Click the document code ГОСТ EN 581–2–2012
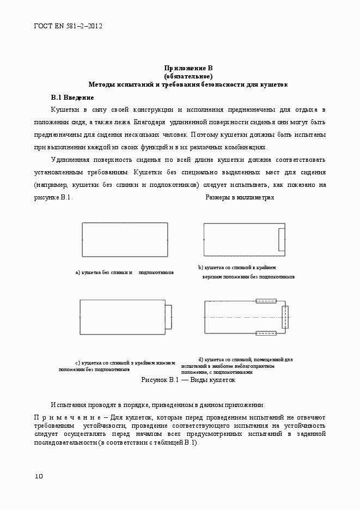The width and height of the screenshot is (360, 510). (68, 26)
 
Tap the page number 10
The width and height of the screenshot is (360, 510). (39, 476)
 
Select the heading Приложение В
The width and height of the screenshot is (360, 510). (188, 68)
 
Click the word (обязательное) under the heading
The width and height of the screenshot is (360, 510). (188, 76)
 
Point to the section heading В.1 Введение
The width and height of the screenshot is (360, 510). (72, 98)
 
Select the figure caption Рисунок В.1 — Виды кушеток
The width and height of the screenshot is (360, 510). (188, 380)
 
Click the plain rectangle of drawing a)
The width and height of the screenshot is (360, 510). (125, 240)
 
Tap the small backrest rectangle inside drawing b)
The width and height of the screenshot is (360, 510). (282, 240)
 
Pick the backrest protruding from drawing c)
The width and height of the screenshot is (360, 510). (169, 317)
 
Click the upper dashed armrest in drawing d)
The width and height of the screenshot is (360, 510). (266, 300)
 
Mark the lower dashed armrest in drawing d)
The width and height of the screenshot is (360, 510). (266, 333)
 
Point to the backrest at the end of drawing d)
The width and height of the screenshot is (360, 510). (285, 317)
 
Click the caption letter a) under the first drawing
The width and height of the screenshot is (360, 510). (78, 271)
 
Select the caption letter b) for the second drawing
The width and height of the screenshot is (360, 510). (200, 268)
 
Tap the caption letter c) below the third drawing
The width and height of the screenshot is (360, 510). (78, 362)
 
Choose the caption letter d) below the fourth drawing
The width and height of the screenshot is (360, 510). (200, 360)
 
